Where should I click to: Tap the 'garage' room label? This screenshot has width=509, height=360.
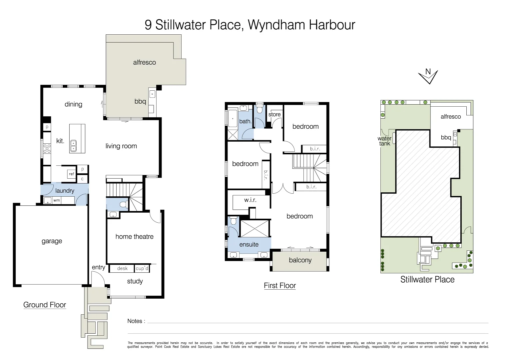52,241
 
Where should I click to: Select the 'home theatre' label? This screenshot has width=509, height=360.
134,237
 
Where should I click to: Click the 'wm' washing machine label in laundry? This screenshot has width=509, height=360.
57,200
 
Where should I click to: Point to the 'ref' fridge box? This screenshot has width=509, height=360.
71,174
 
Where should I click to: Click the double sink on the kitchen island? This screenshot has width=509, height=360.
74,146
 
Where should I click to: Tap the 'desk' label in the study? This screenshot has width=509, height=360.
122,268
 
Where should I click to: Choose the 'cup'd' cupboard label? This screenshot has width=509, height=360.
142,268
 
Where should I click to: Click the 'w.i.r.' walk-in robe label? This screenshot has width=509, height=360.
250,200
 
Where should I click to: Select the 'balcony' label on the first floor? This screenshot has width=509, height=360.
300,260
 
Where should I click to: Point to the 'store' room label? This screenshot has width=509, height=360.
274,114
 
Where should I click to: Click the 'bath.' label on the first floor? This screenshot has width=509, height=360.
245,121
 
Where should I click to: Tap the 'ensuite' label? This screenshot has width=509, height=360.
249,245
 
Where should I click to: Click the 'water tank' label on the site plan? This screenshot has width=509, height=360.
384,141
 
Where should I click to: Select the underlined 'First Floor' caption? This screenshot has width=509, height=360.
280,286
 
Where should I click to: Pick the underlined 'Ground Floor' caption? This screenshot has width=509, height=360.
45,305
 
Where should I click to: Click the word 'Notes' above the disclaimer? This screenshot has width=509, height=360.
135,321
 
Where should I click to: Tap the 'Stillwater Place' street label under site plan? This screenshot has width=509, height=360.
427,280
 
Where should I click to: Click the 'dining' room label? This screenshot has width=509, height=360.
73,104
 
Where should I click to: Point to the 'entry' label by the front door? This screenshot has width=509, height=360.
98,267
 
